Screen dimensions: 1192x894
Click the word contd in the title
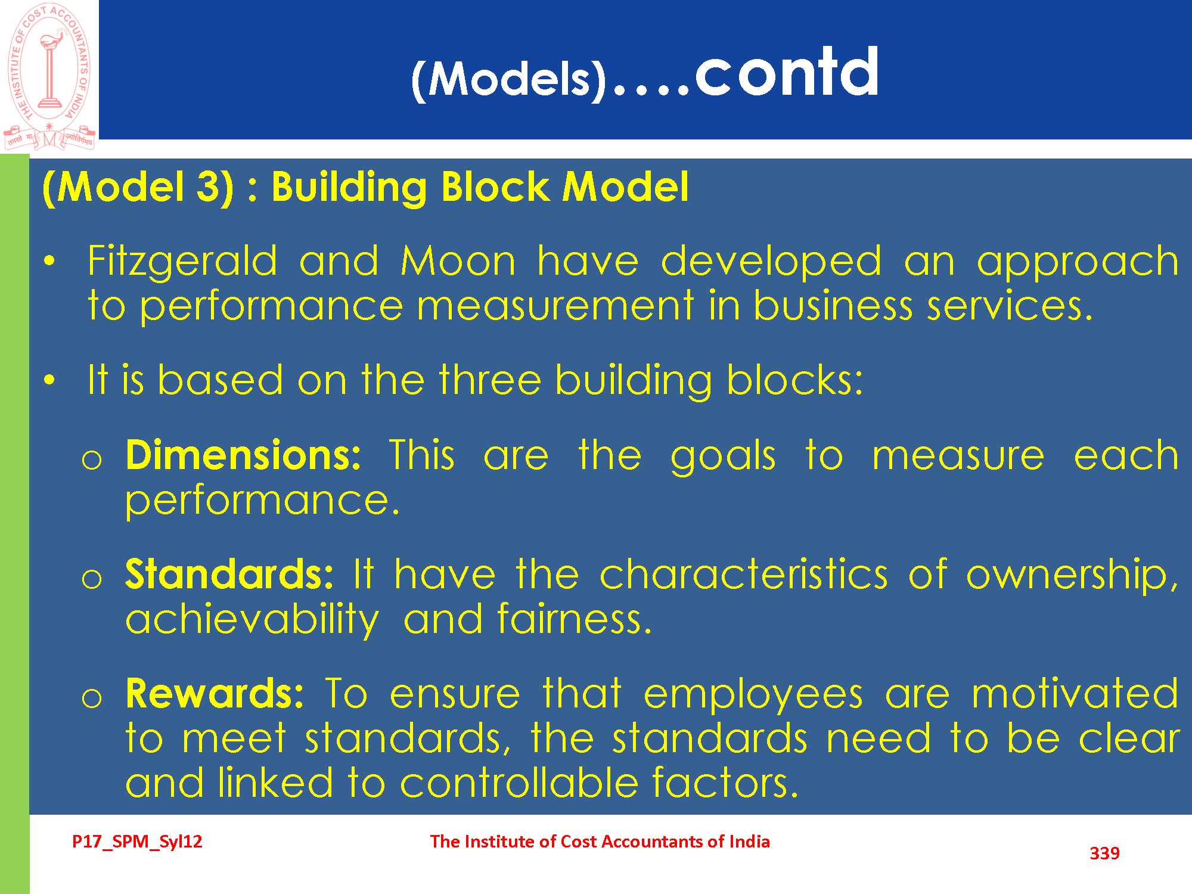(x=787, y=72)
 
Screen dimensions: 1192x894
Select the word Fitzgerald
(x=182, y=262)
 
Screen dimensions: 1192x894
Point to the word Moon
(x=458, y=262)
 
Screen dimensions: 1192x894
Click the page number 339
(x=1104, y=853)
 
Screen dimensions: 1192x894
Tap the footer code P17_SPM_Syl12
(x=137, y=842)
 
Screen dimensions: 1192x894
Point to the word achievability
(x=252, y=620)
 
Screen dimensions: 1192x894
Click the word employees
(x=753, y=695)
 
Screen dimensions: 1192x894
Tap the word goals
(x=723, y=457)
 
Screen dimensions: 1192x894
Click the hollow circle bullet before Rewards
(x=92, y=698)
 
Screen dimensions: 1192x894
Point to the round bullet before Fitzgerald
(x=49, y=260)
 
